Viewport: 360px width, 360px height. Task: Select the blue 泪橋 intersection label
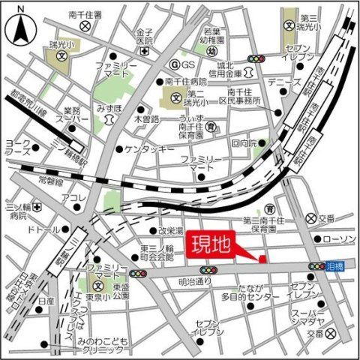[x=338, y=266]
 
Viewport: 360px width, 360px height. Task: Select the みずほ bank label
[x=109, y=108]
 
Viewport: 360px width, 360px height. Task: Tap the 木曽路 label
[x=146, y=119]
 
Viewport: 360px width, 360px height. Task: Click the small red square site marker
[x=262, y=259]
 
